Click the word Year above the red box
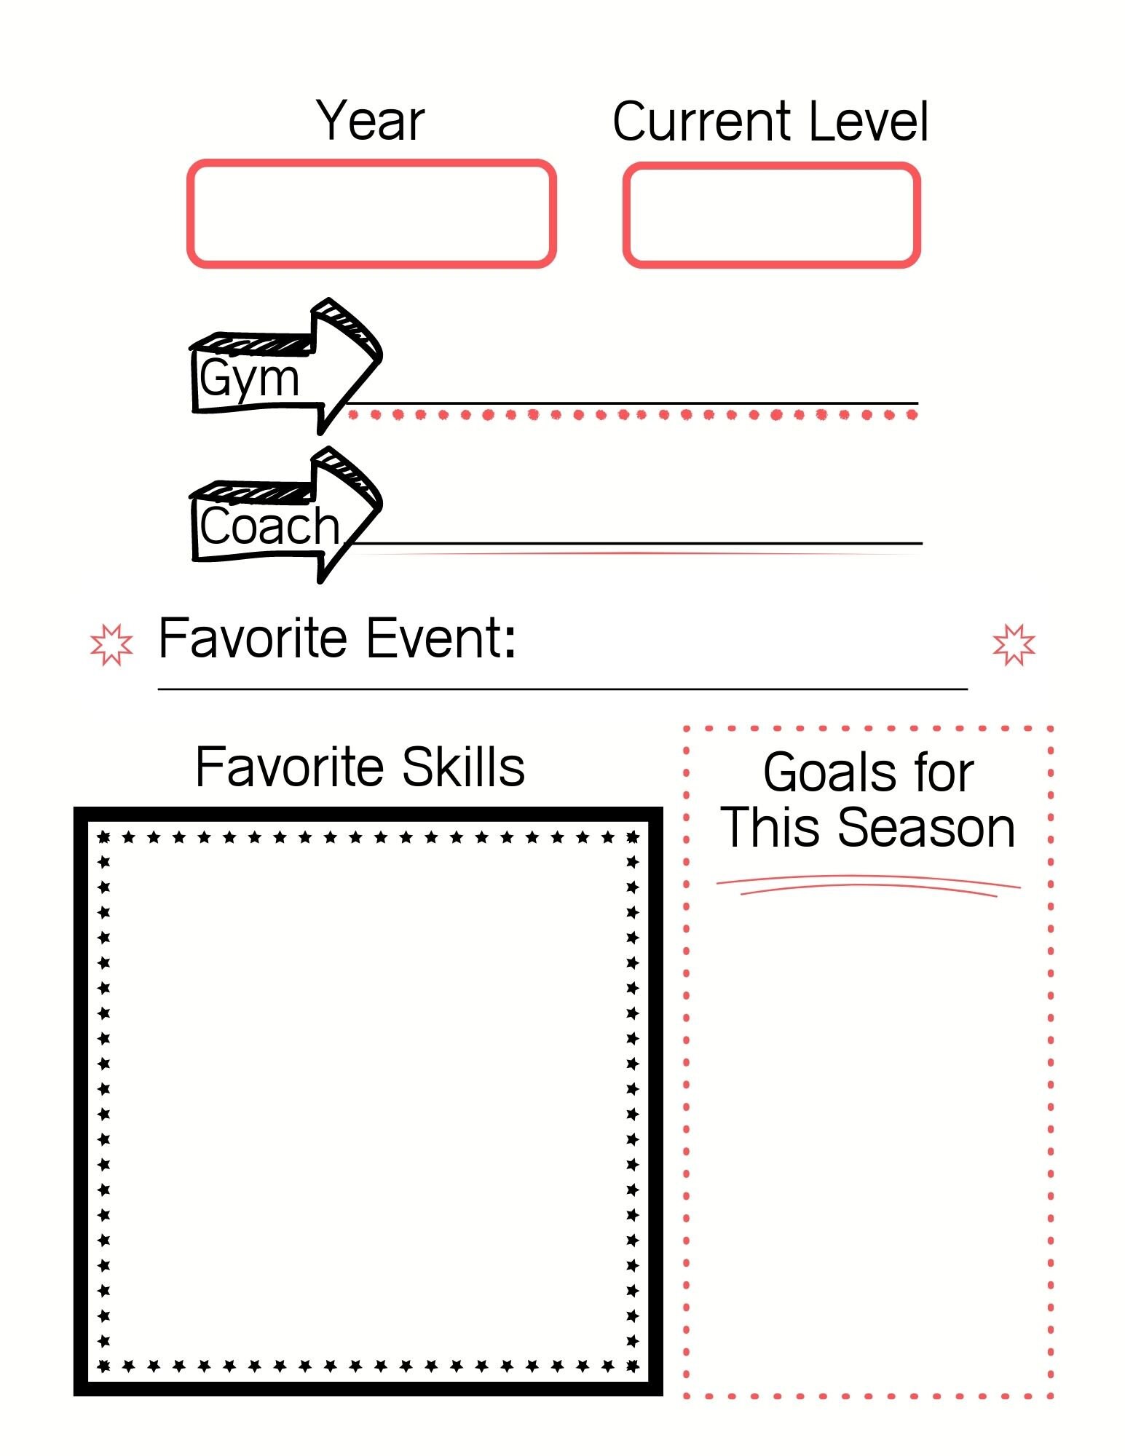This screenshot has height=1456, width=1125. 370,121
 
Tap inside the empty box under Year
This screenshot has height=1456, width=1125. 371,213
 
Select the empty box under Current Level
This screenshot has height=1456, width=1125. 771,215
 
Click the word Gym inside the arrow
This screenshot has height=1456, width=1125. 249,379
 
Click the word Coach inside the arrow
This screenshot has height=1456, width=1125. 269,526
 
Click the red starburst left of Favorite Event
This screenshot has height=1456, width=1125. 111,644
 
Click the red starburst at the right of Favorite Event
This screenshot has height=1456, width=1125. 1014,644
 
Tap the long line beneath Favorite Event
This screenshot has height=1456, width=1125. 562,689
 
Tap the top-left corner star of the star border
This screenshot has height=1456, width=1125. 104,837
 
